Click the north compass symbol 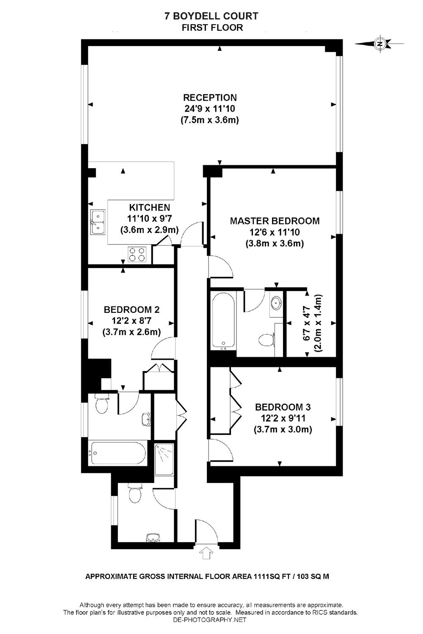point(380,44)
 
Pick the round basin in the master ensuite point(277,303)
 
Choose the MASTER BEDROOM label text point(275,221)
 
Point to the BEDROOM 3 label point(283,407)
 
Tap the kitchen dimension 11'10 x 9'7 point(149,219)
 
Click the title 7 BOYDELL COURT point(211,16)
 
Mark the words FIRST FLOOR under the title point(212,28)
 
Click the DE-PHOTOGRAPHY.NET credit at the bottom point(209,620)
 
